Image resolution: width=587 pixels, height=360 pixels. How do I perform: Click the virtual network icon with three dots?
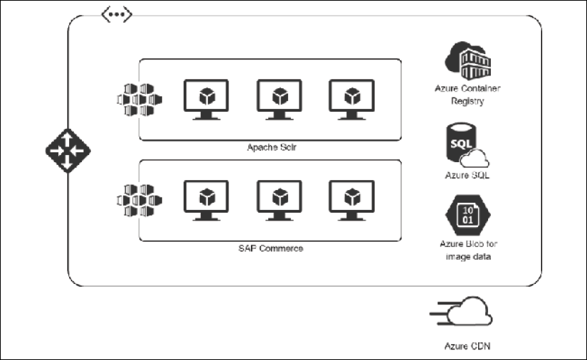click(x=117, y=15)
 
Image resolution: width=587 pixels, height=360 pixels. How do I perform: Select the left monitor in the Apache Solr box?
click(x=206, y=99)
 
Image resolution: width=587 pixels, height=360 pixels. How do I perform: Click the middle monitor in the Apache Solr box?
click(x=279, y=99)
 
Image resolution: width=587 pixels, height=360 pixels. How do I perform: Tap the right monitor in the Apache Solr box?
click(x=351, y=99)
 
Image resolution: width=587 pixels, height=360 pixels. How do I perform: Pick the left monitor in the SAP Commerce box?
click(x=206, y=199)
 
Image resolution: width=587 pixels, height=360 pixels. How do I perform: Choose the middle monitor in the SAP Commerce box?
click(x=279, y=199)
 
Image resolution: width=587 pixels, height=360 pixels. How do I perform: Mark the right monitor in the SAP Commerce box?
click(x=351, y=199)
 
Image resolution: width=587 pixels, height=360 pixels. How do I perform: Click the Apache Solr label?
click(x=270, y=148)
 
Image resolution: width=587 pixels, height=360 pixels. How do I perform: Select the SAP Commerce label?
click(x=270, y=248)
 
